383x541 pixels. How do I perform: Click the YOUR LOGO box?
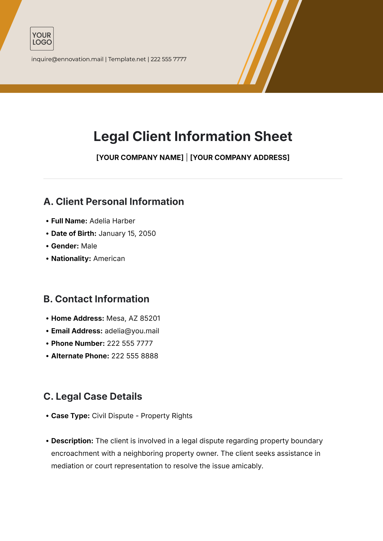(x=42, y=39)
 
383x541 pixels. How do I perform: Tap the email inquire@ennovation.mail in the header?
(x=67, y=59)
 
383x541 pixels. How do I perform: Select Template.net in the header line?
(x=127, y=59)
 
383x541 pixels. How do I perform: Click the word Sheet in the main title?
(x=273, y=137)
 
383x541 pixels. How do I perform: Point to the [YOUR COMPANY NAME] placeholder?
(x=140, y=158)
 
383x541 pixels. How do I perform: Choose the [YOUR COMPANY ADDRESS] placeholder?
(x=240, y=158)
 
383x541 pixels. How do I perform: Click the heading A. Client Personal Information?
(x=114, y=202)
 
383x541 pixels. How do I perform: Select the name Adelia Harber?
(x=112, y=221)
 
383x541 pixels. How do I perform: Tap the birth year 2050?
(x=147, y=233)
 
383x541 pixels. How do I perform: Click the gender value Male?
(x=89, y=246)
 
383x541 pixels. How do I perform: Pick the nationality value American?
(x=109, y=259)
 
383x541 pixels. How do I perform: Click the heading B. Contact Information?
(x=96, y=299)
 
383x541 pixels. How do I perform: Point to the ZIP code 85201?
(x=150, y=318)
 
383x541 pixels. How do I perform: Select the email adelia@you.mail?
(x=132, y=331)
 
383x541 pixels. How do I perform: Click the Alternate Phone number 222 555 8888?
(x=135, y=356)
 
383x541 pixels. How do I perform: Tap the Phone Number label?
(x=78, y=344)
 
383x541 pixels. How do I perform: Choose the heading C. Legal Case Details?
(x=93, y=396)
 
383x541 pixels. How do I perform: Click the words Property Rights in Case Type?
(x=167, y=416)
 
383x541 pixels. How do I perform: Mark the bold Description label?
(x=72, y=441)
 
